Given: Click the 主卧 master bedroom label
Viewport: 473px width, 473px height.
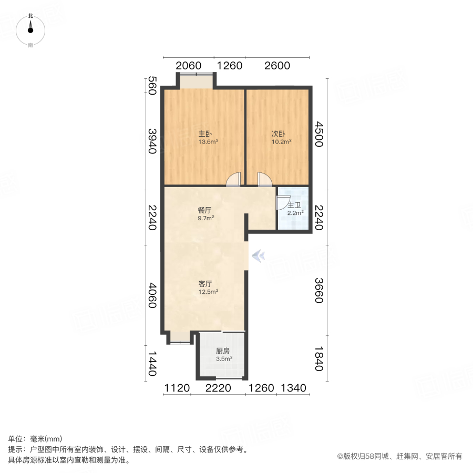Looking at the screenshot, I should [x=204, y=133].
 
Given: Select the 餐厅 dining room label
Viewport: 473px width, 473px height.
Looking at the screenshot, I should [x=204, y=210].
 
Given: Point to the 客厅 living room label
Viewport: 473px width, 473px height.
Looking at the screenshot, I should [x=204, y=283].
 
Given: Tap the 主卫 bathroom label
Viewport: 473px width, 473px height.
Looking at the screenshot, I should [x=294, y=205].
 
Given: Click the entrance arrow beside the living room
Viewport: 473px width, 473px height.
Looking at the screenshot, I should [x=258, y=256].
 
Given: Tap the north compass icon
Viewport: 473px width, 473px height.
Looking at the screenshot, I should [x=30, y=29].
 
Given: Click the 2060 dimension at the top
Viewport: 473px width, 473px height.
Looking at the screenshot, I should [x=188, y=66].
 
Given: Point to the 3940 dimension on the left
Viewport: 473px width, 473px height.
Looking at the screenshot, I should [x=152, y=141].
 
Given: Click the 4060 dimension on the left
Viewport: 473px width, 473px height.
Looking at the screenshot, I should [x=152, y=296].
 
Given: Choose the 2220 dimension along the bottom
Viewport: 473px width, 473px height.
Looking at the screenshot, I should [x=218, y=388].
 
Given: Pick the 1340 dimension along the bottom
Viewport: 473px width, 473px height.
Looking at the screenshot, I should [x=293, y=388].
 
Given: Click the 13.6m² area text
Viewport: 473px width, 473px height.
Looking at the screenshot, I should [x=208, y=141].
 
